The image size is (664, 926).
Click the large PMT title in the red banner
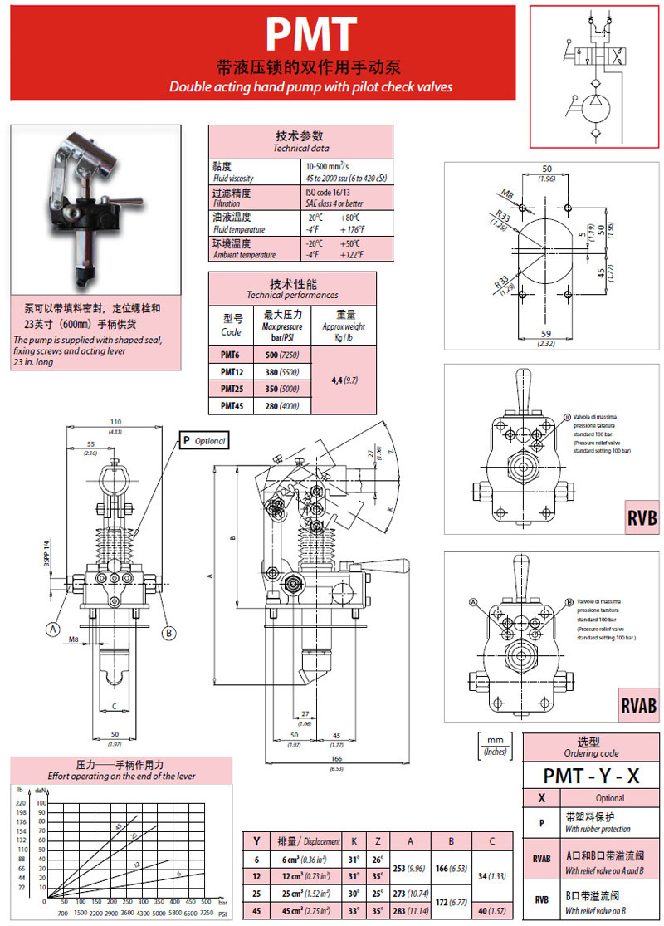tap(311, 35)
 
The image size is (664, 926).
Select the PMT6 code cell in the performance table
tap(232, 355)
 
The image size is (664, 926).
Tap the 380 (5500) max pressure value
tap(282, 372)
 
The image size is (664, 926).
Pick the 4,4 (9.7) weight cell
tap(344, 380)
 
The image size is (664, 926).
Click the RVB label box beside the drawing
tap(642, 518)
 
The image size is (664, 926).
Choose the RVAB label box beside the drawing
tap(638, 705)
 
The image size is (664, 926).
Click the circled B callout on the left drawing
tap(168, 633)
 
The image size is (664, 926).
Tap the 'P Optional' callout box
tap(204, 441)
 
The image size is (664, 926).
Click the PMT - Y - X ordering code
tap(591, 776)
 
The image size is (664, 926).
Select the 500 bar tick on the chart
tap(205, 900)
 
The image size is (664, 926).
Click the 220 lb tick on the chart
tap(22, 803)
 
